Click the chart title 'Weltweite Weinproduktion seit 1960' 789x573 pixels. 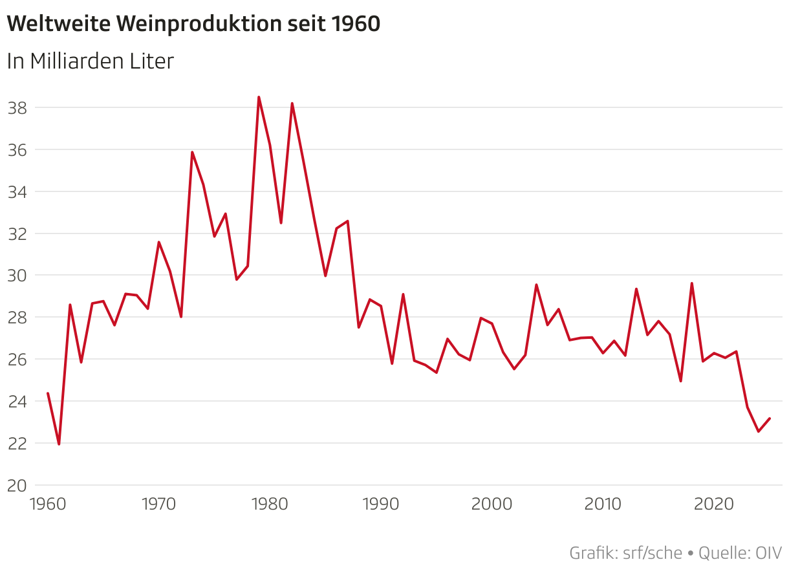click(193, 24)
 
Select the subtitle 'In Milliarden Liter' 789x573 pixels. click(91, 61)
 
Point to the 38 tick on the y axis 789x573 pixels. click(16, 108)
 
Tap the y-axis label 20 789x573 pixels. click(16, 486)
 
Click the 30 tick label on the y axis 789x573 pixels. click(16, 276)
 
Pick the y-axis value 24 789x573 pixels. click(16, 402)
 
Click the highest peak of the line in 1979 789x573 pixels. click(259, 97)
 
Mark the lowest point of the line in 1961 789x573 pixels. click(59, 444)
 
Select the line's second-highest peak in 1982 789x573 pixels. click(292, 103)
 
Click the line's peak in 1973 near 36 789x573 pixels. click(192, 152)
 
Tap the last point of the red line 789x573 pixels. click(769, 418)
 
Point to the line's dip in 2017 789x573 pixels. click(680, 381)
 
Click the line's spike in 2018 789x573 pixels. click(691, 283)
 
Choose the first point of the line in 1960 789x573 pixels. click(48, 393)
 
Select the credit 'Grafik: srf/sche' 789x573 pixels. click(625, 554)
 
